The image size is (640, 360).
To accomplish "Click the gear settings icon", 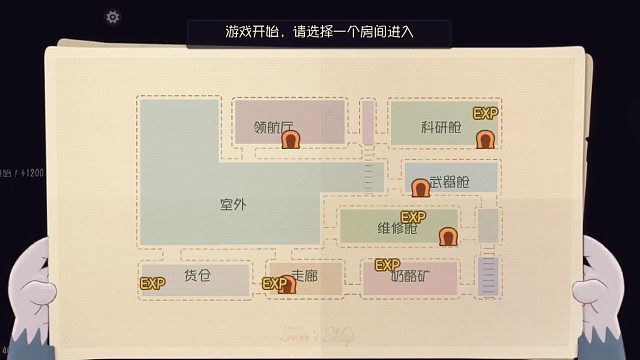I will (x=113, y=17).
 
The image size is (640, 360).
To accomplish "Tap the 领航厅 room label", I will (x=273, y=127).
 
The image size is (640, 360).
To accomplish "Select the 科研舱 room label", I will (x=441, y=127).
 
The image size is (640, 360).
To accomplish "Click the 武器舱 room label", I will (x=449, y=184).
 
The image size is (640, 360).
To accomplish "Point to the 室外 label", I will (x=232, y=204).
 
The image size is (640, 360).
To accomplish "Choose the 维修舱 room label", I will (x=397, y=229).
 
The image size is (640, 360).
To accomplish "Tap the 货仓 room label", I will (x=198, y=275).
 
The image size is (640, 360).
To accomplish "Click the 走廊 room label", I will (x=304, y=275).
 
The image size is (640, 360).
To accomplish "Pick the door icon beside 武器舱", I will (x=420, y=187).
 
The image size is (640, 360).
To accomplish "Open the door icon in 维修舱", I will (x=447, y=237).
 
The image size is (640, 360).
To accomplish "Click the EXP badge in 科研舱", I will (x=485, y=113).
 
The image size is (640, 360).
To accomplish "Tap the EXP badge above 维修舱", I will (x=413, y=217).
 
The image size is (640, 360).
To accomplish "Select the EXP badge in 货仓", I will (x=152, y=284).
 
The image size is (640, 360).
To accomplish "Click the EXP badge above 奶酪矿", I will (x=386, y=265).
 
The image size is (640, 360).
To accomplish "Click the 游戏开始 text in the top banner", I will (x=249, y=31).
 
